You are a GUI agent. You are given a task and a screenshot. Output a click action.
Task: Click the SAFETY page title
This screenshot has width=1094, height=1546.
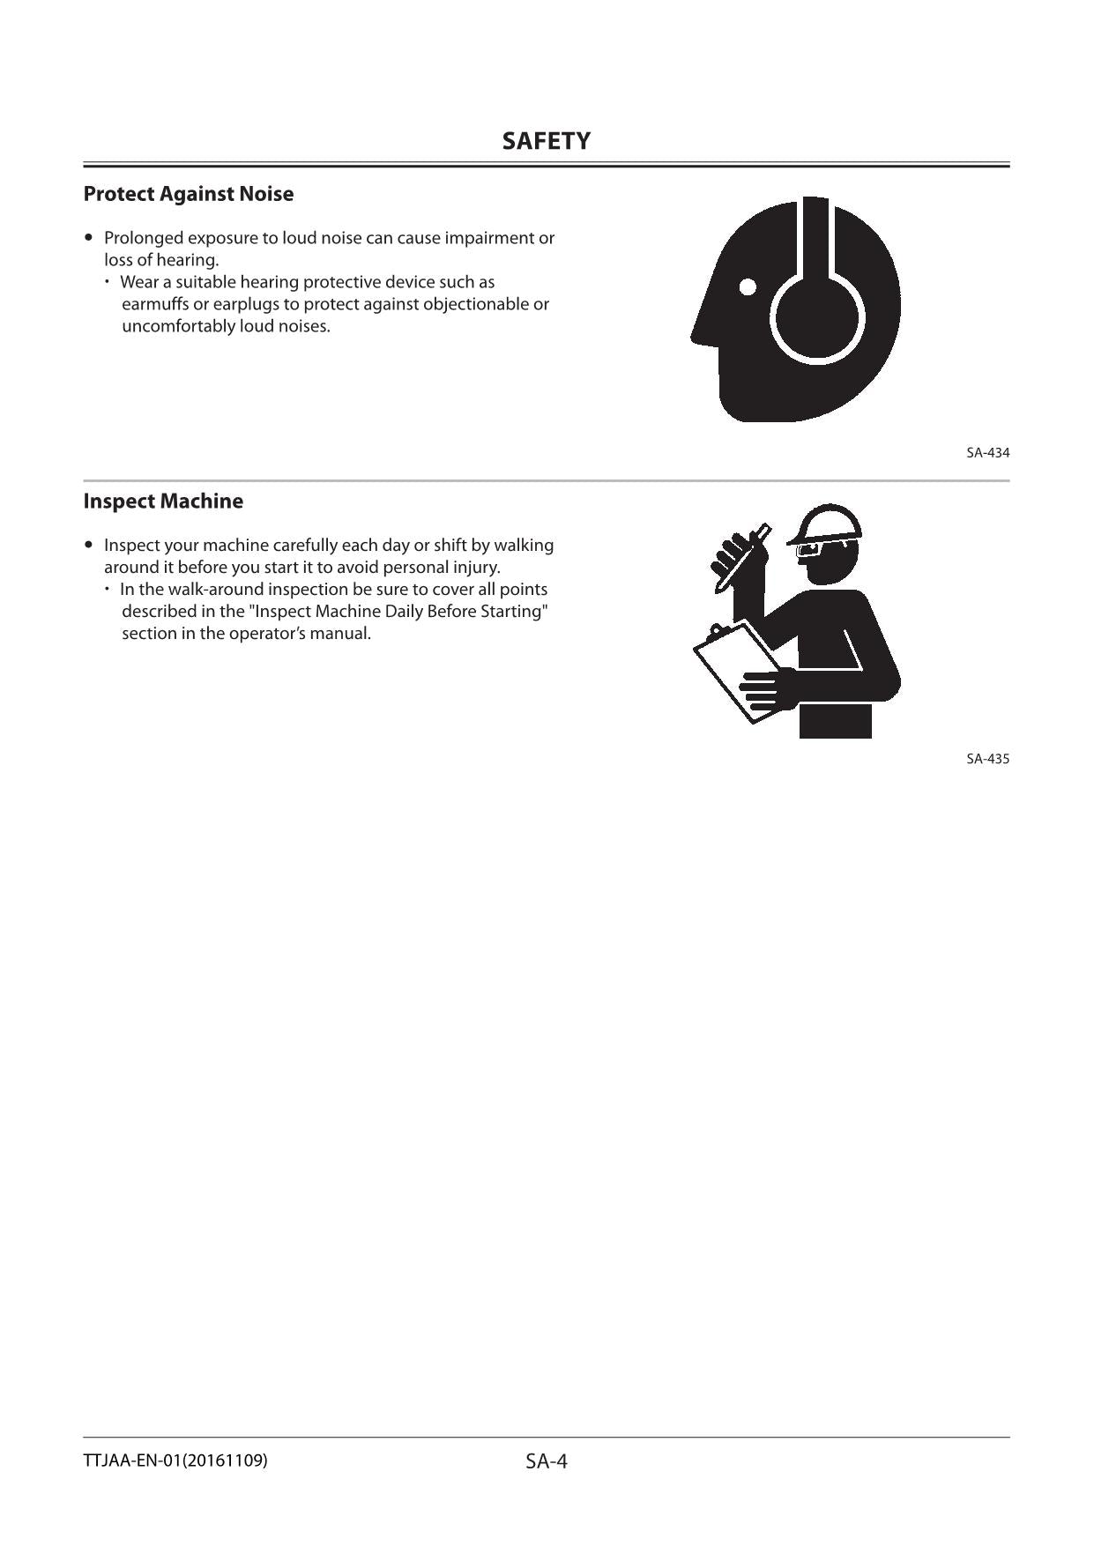point(546,141)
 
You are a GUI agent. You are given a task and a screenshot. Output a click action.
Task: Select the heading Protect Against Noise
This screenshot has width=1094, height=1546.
point(189,194)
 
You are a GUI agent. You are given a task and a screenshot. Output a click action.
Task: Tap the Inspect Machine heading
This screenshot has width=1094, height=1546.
point(163,502)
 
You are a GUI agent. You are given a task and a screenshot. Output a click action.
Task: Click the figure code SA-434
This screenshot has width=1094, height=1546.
point(987,453)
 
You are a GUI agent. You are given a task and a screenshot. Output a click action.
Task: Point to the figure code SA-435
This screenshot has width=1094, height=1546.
point(987,759)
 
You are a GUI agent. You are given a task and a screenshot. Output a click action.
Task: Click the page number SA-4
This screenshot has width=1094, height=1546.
point(547,1461)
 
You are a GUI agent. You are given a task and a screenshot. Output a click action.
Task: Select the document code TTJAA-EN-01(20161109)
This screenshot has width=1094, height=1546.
point(175,1461)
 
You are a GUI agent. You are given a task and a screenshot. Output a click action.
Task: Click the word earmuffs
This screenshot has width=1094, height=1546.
point(154,304)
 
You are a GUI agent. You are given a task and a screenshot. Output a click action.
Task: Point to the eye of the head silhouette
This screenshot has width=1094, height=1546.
point(748,286)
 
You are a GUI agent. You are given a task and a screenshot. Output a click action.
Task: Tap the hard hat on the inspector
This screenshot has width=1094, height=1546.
point(829,524)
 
